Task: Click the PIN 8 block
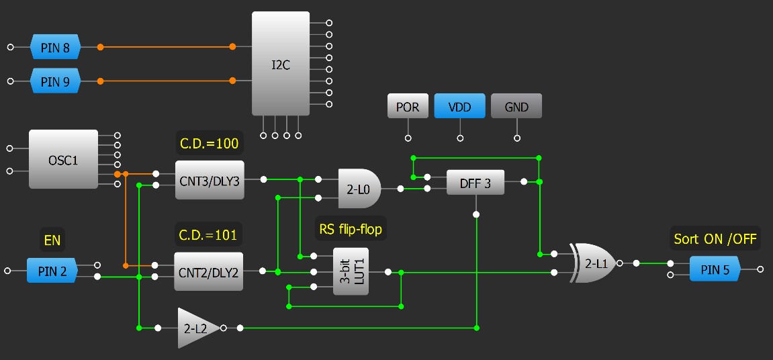pos(55,47)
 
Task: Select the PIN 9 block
pos(55,81)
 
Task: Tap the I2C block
pos(281,64)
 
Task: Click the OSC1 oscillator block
pos(63,159)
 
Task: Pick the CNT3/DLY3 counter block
pos(210,179)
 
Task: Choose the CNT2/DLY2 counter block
pos(208,271)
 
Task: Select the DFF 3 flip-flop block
pos(475,182)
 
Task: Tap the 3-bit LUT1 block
pos(351,271)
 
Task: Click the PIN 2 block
pos(52,271)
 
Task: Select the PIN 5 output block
pos(715,269)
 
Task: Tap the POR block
pos(408,107)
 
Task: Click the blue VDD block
pos(459,107)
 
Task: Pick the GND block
pos(516,107)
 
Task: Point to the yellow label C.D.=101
pos(208,235)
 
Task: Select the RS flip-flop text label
pos(351,230)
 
